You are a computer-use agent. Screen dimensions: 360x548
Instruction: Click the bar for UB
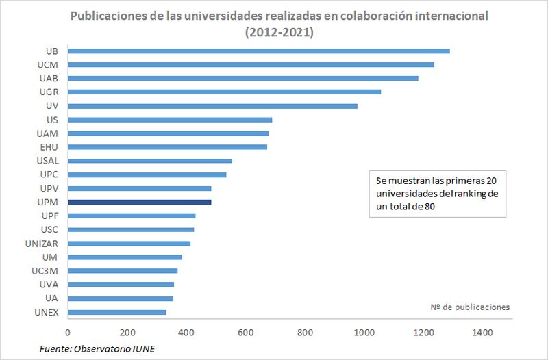coord(259,51)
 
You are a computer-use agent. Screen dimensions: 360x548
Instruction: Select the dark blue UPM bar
coord(140,202)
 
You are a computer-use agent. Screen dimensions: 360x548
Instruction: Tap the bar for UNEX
coord(117,312)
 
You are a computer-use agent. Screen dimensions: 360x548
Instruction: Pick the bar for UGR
coord(224,92)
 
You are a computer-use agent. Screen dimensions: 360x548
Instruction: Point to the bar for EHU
coord(167,147)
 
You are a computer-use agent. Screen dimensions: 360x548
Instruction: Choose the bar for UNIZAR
coord(129,243)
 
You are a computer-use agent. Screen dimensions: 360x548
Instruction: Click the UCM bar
coord(251,64)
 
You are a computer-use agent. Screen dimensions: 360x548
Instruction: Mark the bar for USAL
coord(150,161)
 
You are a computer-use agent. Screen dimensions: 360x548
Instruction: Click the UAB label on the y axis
coord(48,79)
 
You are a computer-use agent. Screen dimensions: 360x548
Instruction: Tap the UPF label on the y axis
coord(49,216)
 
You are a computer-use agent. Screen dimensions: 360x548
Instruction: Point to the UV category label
coord(51,106)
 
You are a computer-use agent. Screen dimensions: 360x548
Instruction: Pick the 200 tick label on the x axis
coord(127,333)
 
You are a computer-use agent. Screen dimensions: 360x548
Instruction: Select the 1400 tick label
coord(483,333)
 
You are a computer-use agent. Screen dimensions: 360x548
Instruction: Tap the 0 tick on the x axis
coord(68,333)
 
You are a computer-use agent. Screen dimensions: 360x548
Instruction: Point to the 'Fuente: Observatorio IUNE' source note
coord(98,349)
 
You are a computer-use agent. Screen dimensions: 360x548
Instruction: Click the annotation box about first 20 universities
coord(437,194)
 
